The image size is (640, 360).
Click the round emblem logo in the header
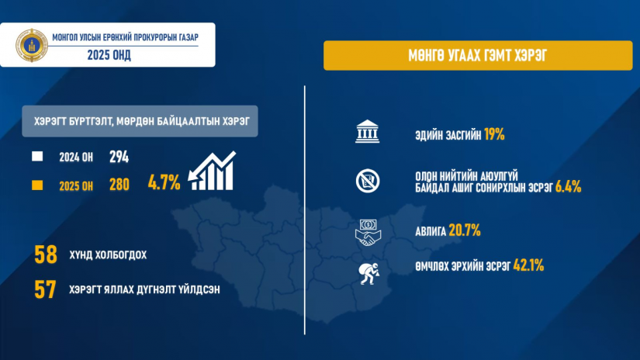coord(32,45)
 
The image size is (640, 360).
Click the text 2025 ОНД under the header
coord(109,55)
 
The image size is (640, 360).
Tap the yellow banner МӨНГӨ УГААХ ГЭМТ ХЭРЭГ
coord(478,56)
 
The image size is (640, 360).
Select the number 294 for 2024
coord(119,157)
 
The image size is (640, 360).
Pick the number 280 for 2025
coord(119,185)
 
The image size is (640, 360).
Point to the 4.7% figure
coord(164,182)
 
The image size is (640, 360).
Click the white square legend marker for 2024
coord(37,156)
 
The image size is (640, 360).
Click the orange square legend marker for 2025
coord(37,185)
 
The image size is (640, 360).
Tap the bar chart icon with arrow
coord(213,171)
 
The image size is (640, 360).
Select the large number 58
coord(46,254)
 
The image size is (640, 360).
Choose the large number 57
coord(45,289)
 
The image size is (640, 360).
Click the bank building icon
coord(368,131)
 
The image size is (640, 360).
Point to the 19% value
coord(494,134)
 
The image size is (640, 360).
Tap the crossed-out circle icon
coord(368,181)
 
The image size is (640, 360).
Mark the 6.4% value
coord(568,187)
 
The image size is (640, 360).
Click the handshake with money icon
coord(368,233)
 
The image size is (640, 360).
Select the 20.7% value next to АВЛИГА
coord(465,230)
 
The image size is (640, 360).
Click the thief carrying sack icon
coord(368,273)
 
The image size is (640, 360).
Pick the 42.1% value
coord(528,265)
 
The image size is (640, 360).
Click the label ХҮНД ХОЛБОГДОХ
coord(108,255)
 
